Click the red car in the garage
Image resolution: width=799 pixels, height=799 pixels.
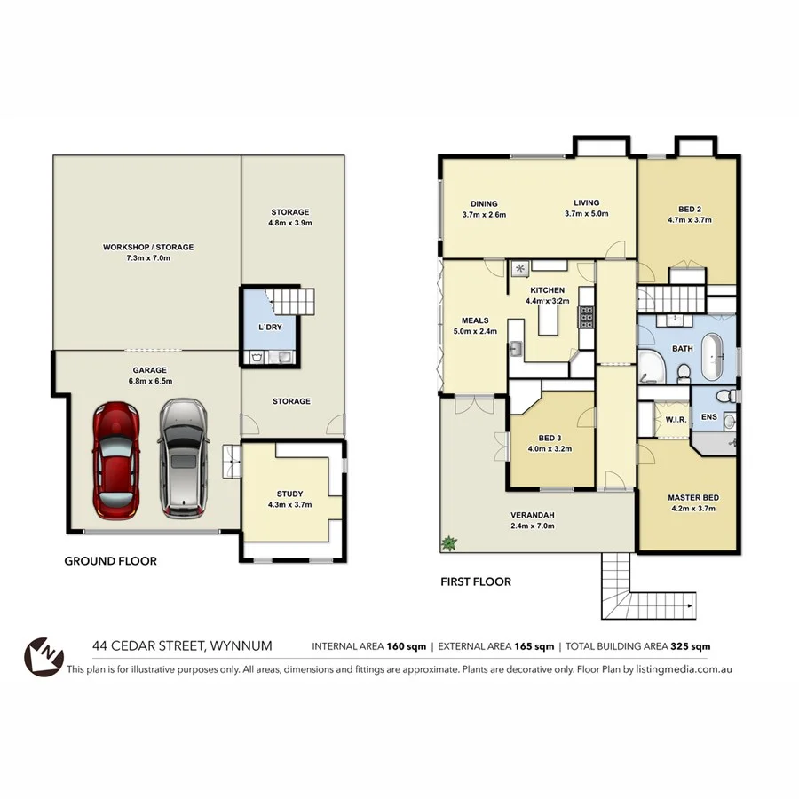click(116, 460)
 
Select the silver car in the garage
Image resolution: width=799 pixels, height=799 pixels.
click(184, 457)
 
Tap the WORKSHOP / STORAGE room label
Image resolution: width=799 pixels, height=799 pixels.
click(147, 247)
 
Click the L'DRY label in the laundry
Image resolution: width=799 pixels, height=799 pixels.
click(270, 328)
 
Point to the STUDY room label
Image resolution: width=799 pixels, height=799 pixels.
click(289, 494)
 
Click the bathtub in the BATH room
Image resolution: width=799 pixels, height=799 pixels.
click(716, 354)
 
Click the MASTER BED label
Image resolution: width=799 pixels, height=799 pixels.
click(693, 497)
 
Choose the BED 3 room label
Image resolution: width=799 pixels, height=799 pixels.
click(550, 438)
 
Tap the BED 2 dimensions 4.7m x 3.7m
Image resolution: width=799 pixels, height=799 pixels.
click(690, 219)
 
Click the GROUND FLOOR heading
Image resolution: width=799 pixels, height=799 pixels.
click(111, 561)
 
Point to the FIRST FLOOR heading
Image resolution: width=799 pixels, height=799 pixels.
click(476, 582)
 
